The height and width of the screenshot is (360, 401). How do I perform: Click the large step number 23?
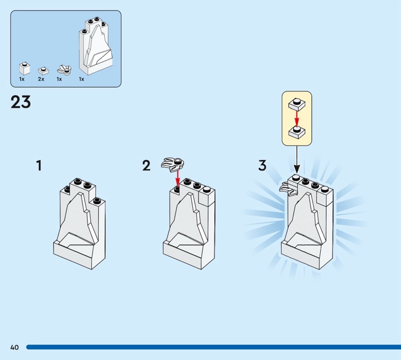pos(21,102)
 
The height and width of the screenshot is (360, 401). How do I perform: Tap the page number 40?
pos(15,347)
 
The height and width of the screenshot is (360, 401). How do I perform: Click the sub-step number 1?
pos(39,165)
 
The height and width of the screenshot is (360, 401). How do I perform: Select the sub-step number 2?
pos(146,165)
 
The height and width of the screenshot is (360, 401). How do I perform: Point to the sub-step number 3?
pos(262,165)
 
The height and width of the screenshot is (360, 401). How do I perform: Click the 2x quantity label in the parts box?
pos(41,79)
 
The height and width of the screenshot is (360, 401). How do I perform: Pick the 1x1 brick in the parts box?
pos(25,68)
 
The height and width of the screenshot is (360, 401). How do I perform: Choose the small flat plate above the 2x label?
pos(44,70)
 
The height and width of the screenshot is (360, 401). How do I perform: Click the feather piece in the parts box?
pos(64,70)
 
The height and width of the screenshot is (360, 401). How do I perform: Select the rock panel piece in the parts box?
pos(96,46)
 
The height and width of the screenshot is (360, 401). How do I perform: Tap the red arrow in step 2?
pos(177,178)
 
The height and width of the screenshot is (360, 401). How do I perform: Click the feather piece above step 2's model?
pos(173,163)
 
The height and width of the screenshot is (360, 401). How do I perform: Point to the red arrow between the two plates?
pos(297,118)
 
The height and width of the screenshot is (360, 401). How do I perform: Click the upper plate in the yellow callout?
pos(297,104)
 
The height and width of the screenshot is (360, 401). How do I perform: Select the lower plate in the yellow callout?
pos(297,132)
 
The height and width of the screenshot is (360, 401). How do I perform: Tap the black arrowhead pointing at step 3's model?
pos(297,169)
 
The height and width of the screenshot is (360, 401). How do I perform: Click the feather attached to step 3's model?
pos(289,190)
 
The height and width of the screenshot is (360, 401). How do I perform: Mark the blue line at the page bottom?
pos(214,347)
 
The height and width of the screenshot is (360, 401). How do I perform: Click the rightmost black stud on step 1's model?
pos(97,201)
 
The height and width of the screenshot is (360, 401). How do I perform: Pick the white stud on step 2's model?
pos(207,190)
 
